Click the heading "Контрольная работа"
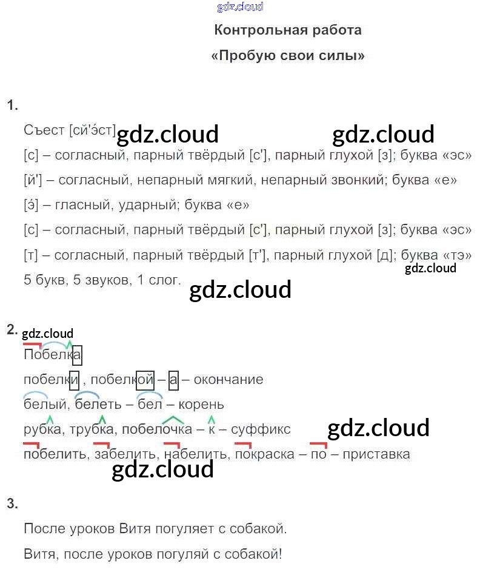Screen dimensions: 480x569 coord(288,30)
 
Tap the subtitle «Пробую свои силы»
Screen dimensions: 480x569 coord(288,56)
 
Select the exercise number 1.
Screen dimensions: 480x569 coord(12,105)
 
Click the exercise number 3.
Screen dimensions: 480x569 coord(12,503)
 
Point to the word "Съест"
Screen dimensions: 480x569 coord(44,130)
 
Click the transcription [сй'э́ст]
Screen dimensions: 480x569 coord(92,130)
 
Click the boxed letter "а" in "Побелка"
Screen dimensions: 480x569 coord(77,355)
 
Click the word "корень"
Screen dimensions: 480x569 coord(201,405)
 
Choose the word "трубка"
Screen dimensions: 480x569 coord(92,429)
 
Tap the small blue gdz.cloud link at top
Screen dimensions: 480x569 coord(240,7)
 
